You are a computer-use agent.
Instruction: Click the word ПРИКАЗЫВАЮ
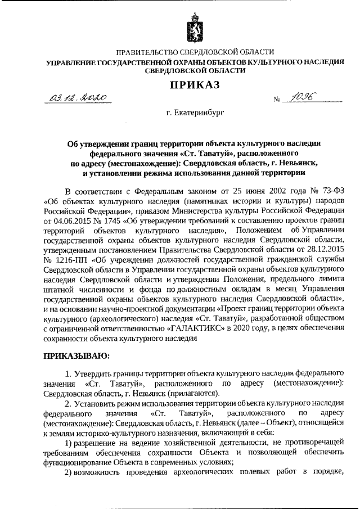click(78, 355)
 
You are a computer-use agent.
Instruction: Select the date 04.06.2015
click(68, 219)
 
